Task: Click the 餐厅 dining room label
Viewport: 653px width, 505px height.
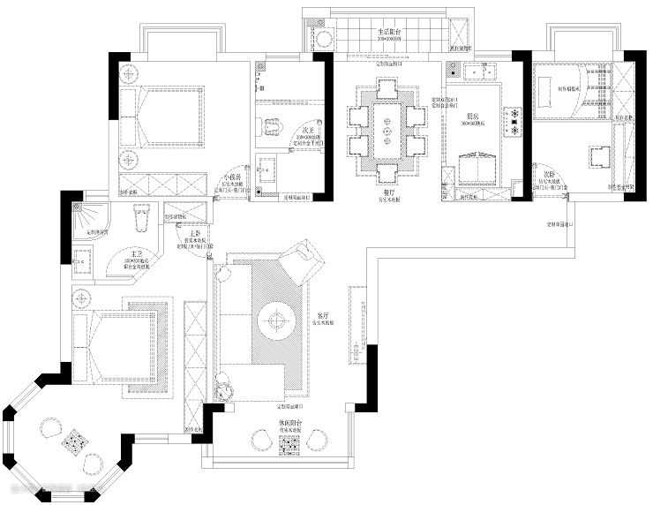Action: tap(388, 192)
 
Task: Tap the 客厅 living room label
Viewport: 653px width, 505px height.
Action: tap(323, 315)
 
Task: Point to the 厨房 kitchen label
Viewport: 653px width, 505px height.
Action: tap(474, 115)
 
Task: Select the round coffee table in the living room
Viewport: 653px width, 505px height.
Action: tap(275, 320)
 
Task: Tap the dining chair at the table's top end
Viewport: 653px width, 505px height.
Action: tap(387, 89)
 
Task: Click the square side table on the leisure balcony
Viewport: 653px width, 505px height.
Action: tap(290, 447)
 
